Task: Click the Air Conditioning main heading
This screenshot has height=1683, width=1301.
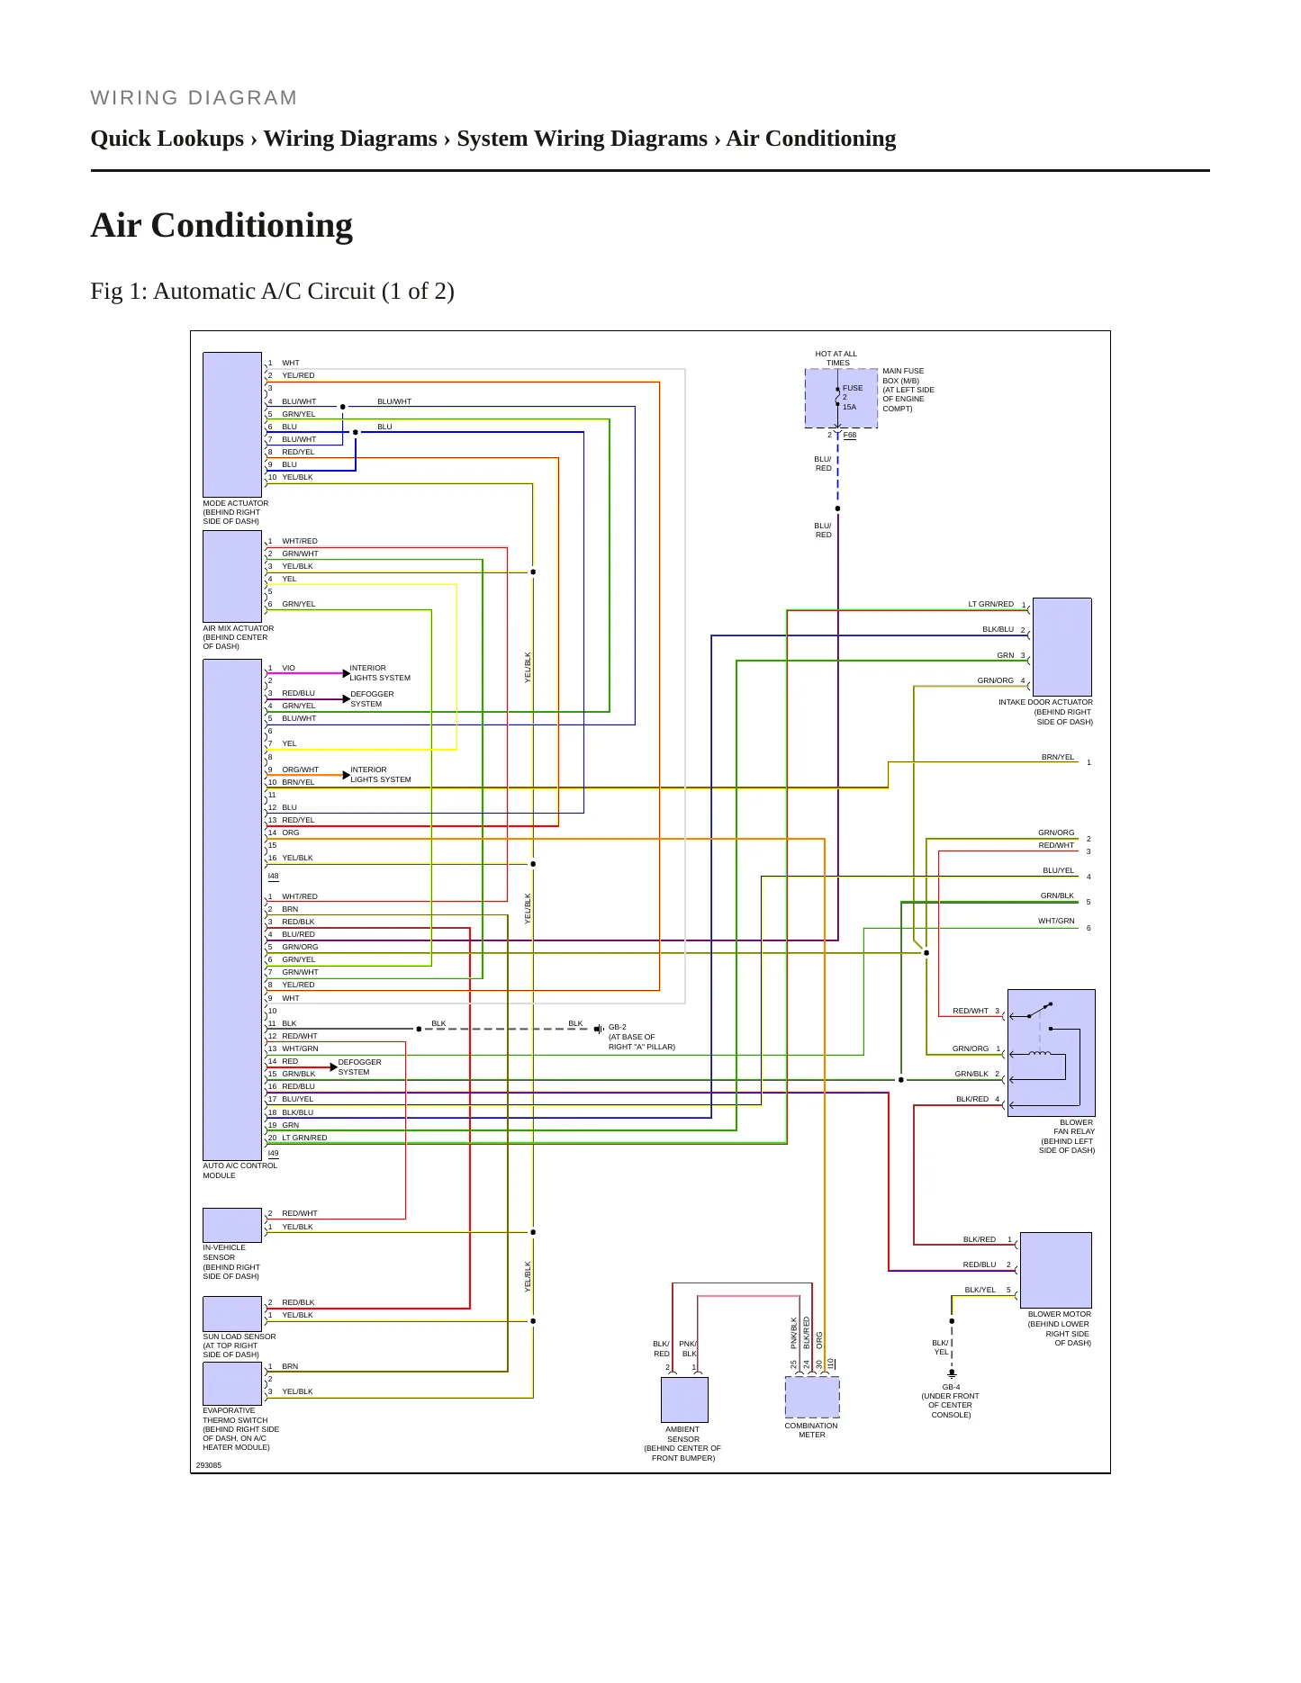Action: click(x=221, y=225)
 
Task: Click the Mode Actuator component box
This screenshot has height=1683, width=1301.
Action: click(x=232, y=425)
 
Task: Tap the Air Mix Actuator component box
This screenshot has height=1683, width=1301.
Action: click(x=232, y=576)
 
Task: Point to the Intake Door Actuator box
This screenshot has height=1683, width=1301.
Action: click(x=1062, y=647)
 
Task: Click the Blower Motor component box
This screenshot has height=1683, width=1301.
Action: click(x=1056, y=1270)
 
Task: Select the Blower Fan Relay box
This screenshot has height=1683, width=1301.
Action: click(x=1052, y=1053)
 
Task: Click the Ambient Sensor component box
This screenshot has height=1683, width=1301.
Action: click(x=684, y=1399)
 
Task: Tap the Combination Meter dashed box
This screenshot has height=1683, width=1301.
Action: click(x=812, y=1398)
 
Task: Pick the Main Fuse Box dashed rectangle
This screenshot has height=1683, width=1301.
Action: click(x=841, y=398)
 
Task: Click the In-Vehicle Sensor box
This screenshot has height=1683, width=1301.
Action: click(x=232, y=1225)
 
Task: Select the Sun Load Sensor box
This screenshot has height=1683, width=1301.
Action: click(x=232, y=1314)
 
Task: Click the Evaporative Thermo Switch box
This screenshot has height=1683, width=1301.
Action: click(x=232, y=1384)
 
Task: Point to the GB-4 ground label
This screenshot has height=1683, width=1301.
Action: click(x=951, y=1387)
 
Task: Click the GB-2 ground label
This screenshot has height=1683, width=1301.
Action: click(x=618, y=1027)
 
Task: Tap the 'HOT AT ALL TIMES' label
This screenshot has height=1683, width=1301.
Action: click(x=836, y=358)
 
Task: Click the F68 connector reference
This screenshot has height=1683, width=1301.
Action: click(x=850, y=435)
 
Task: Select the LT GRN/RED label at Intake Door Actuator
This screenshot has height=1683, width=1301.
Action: click(x=990, y=604)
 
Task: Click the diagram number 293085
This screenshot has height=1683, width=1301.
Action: click(x=209, y=1465)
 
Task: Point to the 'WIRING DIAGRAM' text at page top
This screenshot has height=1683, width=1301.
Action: click(x=194, y=98)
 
